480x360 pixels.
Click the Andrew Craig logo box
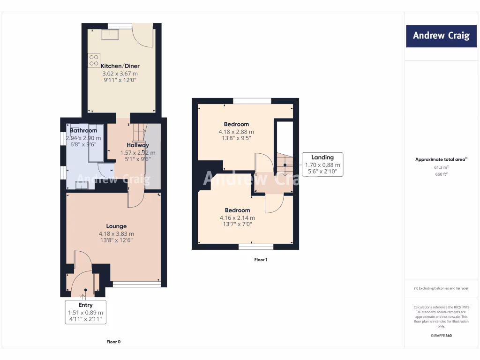click(441, 36)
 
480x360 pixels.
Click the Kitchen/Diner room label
click(120, 66)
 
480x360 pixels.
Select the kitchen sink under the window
click(113, 34)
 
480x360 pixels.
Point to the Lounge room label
click(116, 226)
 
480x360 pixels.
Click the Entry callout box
click(85, 312)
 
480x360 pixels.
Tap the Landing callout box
click(322, 165)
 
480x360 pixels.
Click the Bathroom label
click(84, 130)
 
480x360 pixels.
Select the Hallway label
click(138, 145)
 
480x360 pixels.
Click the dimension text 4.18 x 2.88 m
click(237, 132)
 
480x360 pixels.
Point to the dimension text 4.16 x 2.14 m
click(237, 218)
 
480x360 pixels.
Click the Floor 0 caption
click(113, 342)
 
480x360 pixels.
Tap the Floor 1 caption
click(261, 259)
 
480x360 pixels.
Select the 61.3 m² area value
click(441, 167)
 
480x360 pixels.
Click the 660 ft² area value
click(441, 174)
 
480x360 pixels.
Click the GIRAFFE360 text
click(441, 336)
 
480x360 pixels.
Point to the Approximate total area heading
click(441, 159)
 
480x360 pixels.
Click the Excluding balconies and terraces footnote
click(441, 288)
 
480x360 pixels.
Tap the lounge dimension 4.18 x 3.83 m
click(116, 234)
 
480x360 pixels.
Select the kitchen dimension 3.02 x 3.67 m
click(120, 74)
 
